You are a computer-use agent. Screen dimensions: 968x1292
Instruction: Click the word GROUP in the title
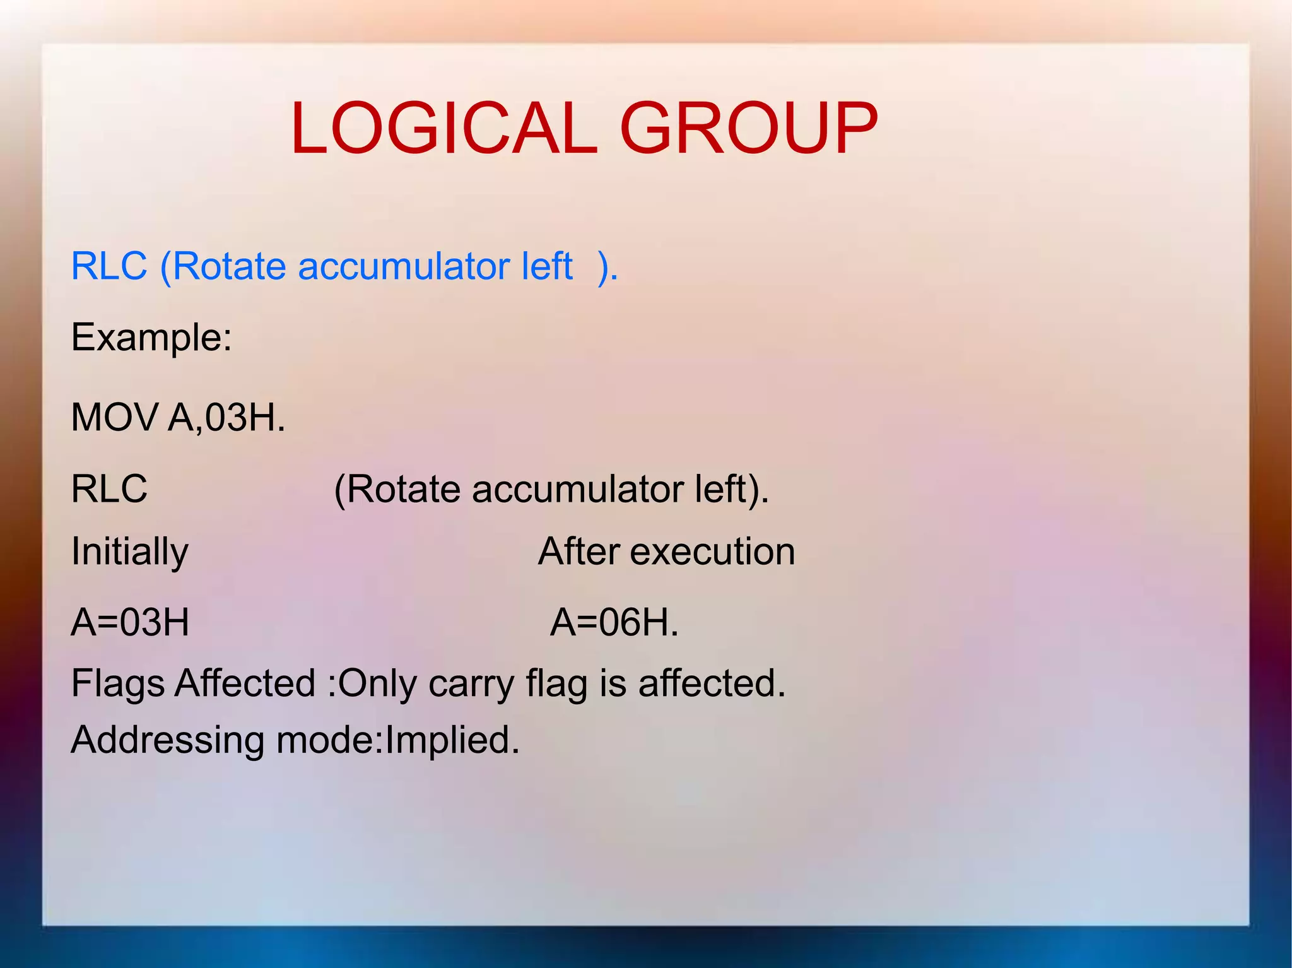(749, 129)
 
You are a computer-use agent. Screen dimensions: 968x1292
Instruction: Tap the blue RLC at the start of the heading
(109, 266)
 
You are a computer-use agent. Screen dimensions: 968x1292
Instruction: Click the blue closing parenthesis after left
(604, 267)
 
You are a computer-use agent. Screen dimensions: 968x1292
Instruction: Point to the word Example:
(151, 337)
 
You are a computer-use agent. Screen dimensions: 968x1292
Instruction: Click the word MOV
(114, 418)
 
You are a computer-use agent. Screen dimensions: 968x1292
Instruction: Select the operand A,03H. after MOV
(226, 418)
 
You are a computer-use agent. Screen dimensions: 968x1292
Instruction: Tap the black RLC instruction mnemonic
(109, 489)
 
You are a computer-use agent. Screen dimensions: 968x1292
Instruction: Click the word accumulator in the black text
(577, 490)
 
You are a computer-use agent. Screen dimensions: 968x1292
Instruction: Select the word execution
(712, 552)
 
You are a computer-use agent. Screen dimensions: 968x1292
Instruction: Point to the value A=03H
(130, 623)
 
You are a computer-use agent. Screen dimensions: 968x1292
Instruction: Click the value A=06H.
(614, 623)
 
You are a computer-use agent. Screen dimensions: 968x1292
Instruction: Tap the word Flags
(118, 684)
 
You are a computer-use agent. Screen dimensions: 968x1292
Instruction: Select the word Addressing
(167, 740)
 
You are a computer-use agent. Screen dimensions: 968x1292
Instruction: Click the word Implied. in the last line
(452, 740)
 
